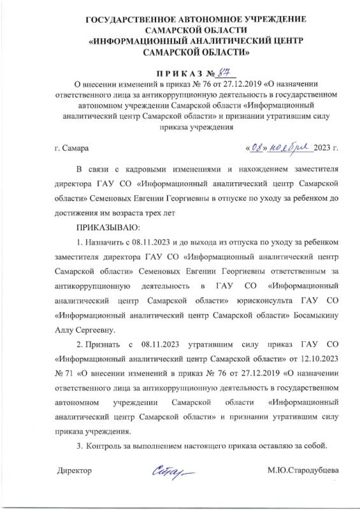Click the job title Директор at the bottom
75,471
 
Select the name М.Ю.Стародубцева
302,471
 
